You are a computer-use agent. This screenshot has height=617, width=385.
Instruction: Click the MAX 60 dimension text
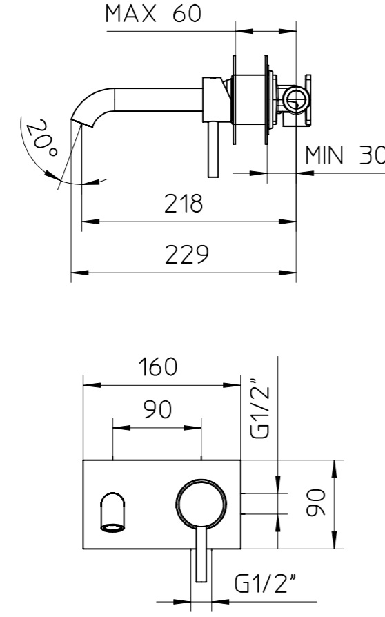point(153,13)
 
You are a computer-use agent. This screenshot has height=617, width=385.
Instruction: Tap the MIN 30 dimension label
point(345,155)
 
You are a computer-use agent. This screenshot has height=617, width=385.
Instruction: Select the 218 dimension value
point(184,204)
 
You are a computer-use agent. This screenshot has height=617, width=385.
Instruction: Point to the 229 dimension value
point(186,254)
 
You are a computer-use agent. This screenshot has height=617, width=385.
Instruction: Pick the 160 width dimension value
point(158,366)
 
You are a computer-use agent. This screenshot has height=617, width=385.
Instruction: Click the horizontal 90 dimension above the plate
point(157,409)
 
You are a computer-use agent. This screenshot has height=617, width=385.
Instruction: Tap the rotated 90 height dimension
point(316,502)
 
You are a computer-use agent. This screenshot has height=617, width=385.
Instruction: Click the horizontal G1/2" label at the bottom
point(265,583)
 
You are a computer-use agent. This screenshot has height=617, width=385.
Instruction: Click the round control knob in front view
point(201,504)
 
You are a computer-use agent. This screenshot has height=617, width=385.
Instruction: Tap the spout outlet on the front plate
point(113,512)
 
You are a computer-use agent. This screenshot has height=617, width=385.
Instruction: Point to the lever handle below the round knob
point(201,554)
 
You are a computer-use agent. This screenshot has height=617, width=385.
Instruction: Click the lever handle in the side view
point(213,150)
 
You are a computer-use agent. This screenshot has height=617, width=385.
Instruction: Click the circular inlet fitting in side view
point(295,100)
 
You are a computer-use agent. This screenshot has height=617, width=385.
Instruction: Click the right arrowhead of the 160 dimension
point(232,385)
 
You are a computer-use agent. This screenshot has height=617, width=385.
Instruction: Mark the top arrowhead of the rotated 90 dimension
point(334,469)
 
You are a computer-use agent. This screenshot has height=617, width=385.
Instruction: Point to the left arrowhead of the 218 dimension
point(90,222)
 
